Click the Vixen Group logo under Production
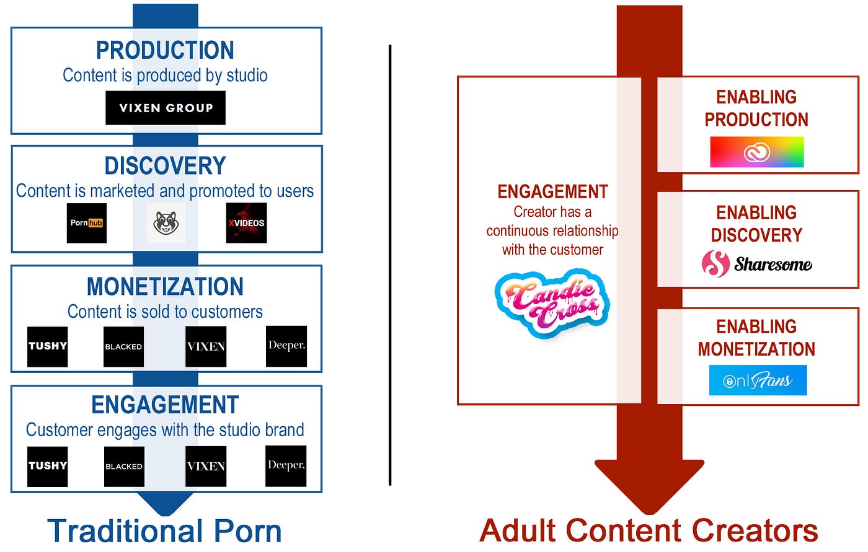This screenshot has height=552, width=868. pyautogui.click(x=166, y=108)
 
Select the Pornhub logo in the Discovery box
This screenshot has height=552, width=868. pyautogui.click(x=87, y=223)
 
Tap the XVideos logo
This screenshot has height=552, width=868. pyautogui.click(x=246, y=223)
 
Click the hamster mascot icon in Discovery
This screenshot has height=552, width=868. pyautogui.click(x=166, y=223)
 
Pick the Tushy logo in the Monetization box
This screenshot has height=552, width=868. pyautogui.click(x=48, y=346)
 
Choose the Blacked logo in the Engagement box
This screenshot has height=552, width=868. pyautogui.click(x=124, y=466)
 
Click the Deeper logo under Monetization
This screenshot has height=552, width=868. pyautogui.click(x=286, y=346)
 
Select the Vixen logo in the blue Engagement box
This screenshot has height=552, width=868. pyautogui.click(x=206, y=466)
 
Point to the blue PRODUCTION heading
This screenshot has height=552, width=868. pyautogui.click(x=165, y=50)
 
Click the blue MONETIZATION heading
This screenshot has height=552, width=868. pyautogui.click(x=165, y=287)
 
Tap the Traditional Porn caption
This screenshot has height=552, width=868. pyautogui.click(x=164, y=531)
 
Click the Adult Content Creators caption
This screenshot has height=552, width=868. pyautogui.click(x=649, y=531)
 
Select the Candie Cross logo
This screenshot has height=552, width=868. pyautogui.click(x=552, y=303)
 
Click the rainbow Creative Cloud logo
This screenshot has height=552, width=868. pyautogui.click(x=756, y=152)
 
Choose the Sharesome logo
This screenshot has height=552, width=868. pyautogui.click(x=756, y=264)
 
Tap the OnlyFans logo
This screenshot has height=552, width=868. pyautogui.click(x=758, y=380)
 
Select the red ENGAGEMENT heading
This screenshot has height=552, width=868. pyautogui.click(x=552, y=192)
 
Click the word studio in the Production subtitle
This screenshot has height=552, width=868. pyautogui.click(x=247, y=76)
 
